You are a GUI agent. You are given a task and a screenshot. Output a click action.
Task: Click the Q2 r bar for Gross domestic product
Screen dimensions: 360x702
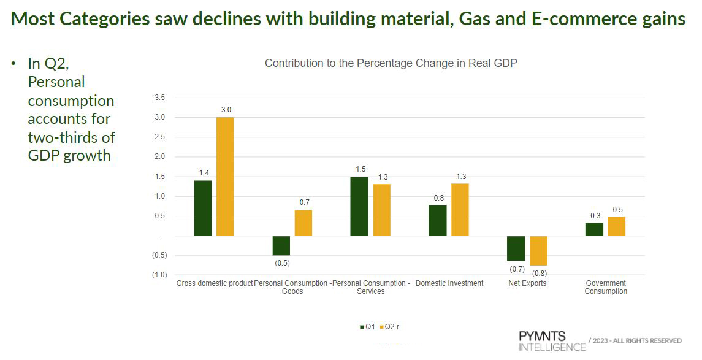coord(225,177)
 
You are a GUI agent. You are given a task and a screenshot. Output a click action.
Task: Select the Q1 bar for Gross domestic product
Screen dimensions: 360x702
coord(203,208)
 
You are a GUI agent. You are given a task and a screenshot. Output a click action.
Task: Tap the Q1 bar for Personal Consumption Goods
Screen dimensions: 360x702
coord(281,245)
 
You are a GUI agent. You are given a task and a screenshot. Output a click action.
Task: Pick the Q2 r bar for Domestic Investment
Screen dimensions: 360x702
coord(460,210)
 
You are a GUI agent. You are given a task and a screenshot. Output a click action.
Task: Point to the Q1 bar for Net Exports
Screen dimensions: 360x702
coord(516,248)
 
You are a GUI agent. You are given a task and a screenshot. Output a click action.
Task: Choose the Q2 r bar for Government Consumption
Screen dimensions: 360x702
coord(617,226)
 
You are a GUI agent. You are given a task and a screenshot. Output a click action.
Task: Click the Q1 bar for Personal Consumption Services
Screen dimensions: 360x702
coord(359,206)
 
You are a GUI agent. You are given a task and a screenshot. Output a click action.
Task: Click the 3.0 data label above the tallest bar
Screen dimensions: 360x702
coord(226,110)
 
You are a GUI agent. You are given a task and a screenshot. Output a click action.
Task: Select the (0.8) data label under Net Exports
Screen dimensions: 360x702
coord(539,274)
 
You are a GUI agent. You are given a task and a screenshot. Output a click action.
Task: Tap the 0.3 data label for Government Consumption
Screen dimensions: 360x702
coord(594,215)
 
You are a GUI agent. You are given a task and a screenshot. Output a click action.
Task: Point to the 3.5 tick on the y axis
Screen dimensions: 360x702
coord(159,98)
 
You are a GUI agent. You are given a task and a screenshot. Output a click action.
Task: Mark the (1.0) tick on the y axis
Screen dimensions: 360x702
coord(159,275)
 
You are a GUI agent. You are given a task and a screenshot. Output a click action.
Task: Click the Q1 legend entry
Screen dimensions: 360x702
coord(367,327)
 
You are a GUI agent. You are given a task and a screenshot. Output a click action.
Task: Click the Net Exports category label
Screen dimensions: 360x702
coord(527,283)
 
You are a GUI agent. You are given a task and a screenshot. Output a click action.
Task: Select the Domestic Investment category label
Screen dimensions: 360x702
coord(449,283)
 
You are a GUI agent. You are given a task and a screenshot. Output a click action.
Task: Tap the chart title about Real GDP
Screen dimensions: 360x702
coord(391,63)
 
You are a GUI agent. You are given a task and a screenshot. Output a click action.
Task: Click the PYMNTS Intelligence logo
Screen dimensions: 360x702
coord(551,342)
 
